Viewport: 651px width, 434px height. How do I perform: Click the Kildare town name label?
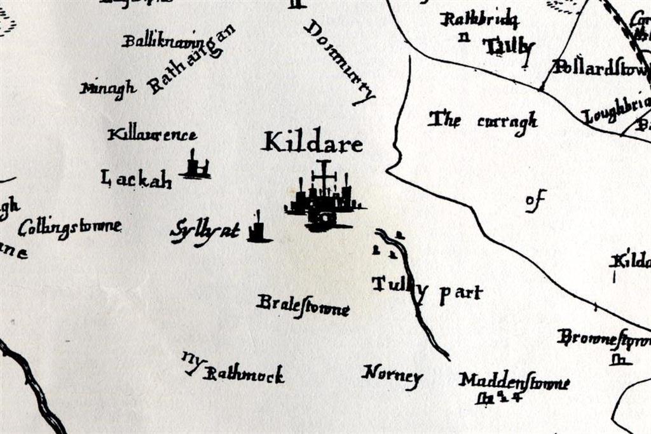(x=312, y=142)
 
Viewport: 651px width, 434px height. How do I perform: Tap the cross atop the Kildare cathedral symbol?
(x=324, y=173)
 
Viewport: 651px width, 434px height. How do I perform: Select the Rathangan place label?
(x=191, y=61)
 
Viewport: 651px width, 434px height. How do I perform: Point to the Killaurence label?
(x=153, y=135)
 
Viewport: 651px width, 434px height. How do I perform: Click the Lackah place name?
(x=136, y=180)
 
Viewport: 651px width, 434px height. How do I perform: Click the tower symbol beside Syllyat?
(x=258, y=229)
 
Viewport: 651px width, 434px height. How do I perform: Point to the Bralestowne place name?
(x=303, y=306)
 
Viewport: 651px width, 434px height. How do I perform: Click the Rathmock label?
(x=243, y=375)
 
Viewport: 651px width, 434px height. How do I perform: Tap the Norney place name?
(x=392, y=375)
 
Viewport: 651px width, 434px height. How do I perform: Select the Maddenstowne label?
(x=514, y=381)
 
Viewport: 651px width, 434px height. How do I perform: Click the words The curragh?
(x=483, y=120)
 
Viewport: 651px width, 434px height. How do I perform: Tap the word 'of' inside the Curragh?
(x=535, y=201)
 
